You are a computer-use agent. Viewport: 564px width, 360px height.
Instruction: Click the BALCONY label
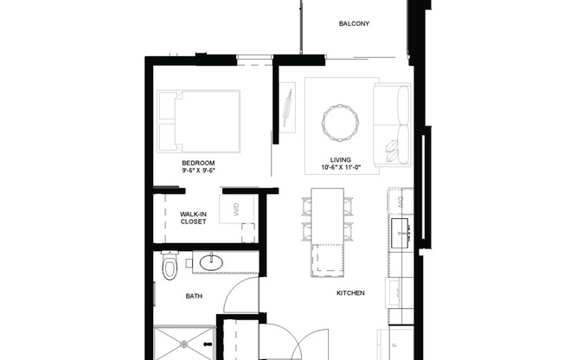(x=354, y=23)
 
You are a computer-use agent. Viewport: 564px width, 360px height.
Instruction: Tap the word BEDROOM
(x=198, y=163)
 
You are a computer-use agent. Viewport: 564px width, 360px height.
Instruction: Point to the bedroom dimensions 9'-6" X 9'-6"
(x=198, y=171)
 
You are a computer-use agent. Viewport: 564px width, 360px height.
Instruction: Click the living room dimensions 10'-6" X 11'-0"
(x=339, y=167)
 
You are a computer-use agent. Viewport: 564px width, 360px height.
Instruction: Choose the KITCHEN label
(x=350, y=292)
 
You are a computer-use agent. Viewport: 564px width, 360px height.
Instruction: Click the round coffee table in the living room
(x=337, y=121)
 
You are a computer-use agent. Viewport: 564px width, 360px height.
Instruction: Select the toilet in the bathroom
(x=169, y=267)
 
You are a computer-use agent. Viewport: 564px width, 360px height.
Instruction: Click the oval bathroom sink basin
(x=210, y=262)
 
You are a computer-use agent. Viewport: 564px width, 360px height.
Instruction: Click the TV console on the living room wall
(x=287, y=108)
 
